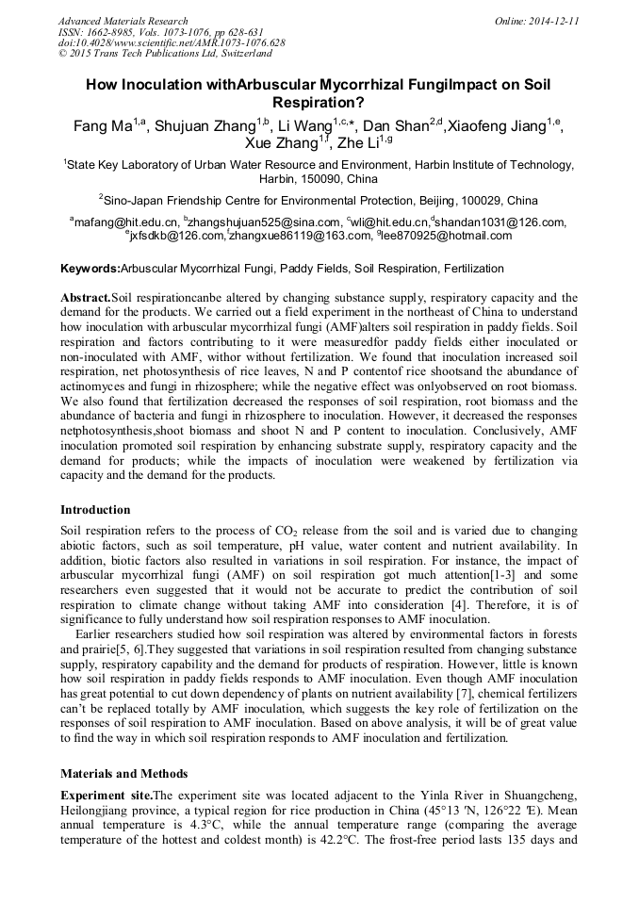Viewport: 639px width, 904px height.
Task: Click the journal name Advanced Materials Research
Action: pos(123,21)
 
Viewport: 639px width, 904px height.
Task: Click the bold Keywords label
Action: pos(90,269)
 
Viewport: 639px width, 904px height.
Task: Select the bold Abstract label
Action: pos(86,296)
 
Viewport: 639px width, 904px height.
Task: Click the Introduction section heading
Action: pos(95,510)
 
